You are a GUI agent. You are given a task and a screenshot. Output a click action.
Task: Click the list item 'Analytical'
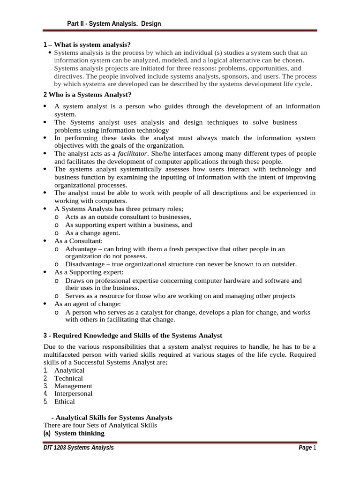69,370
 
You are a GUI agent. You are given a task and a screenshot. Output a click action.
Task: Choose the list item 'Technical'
68,378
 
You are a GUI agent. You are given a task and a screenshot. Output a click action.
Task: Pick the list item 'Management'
73,386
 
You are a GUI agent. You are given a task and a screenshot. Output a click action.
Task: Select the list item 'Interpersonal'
73,394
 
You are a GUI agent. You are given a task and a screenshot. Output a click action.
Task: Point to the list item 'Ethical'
64,402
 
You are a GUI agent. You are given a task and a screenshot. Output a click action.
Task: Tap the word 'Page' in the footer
305,448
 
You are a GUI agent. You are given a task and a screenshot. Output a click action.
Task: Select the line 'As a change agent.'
92,233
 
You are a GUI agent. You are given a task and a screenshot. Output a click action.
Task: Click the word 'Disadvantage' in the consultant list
86,264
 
